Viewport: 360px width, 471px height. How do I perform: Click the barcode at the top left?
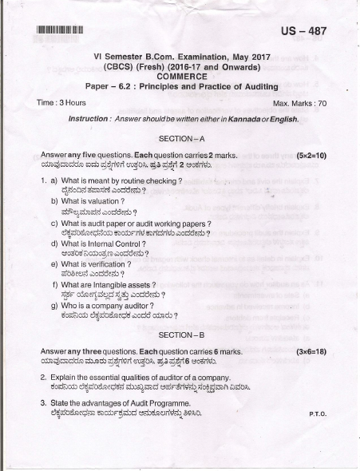60,31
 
